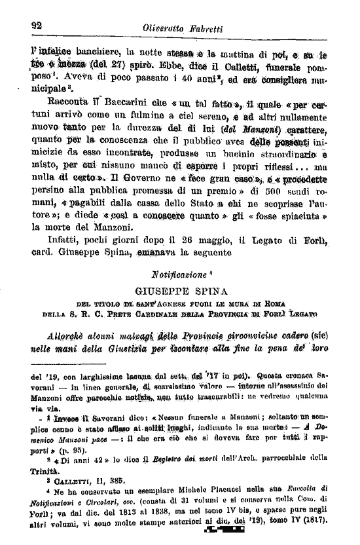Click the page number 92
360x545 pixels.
(36, 25)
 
